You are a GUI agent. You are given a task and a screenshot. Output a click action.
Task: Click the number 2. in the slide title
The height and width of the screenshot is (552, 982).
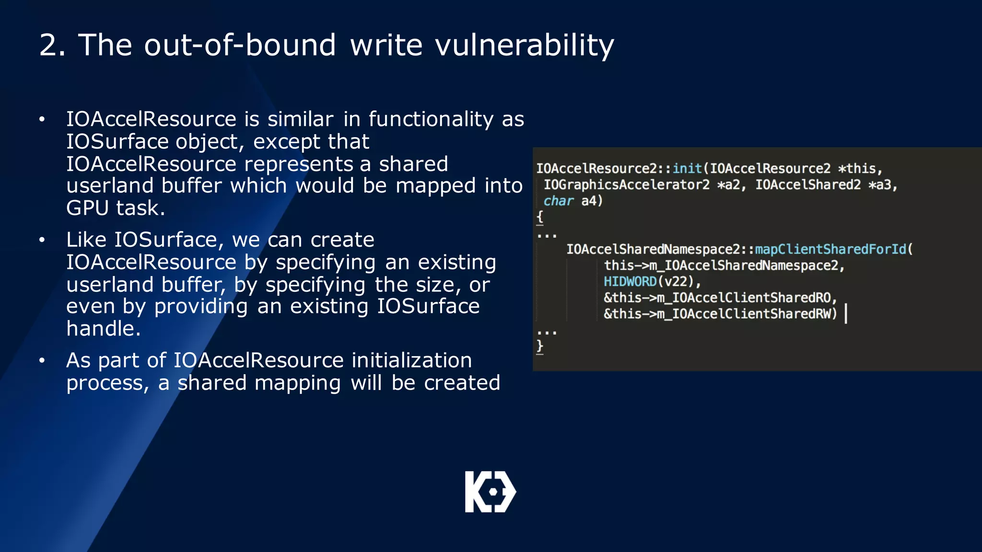pos(52,46)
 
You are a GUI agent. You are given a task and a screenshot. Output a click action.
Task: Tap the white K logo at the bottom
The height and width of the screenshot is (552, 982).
pos(490,492)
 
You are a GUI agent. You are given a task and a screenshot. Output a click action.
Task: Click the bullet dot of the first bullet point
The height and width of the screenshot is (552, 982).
pos(42,119)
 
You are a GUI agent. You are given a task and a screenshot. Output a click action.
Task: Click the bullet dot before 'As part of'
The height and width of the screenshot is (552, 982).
pos(42,360)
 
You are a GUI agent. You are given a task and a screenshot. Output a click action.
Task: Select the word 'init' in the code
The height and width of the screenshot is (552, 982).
pos(687,169)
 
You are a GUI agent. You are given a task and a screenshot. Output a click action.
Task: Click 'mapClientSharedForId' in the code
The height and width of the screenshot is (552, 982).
pos(830,249)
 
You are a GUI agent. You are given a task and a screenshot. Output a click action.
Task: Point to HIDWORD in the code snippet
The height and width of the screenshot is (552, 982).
pos(630,281)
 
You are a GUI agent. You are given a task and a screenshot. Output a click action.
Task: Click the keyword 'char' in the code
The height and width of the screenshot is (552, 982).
pos(558,201)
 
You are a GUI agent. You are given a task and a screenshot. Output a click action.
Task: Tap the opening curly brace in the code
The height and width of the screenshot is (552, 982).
pos(540,217)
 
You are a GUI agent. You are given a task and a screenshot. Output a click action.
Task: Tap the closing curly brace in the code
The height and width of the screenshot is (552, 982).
pos(540,346)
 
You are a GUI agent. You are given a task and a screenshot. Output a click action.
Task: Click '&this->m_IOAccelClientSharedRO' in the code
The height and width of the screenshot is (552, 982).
pos(720,298)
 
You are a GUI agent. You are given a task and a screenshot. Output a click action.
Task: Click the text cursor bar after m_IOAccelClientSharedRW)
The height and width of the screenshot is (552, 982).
pos(846,314)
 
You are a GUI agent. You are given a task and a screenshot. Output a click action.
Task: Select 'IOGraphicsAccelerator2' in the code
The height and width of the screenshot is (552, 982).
pos(626,185)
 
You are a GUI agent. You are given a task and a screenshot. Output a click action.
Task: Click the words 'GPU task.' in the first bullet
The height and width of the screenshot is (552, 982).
pos(116,208)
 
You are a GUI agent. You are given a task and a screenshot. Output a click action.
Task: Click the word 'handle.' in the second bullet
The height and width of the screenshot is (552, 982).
pos(104,329)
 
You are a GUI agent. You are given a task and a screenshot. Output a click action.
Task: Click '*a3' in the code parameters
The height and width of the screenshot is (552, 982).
pos(882,185)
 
